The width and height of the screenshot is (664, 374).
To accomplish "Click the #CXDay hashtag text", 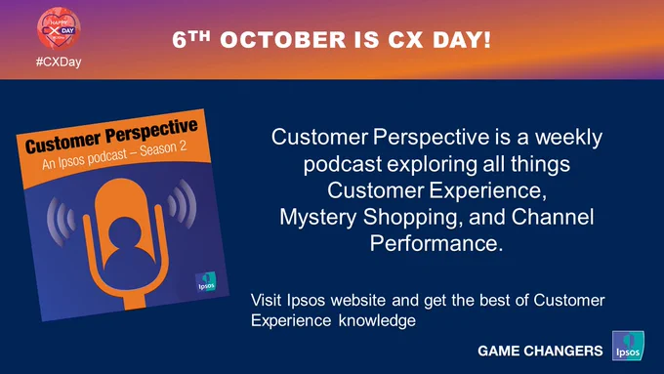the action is [59, 62].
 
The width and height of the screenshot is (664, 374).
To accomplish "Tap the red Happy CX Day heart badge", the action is [59, 28].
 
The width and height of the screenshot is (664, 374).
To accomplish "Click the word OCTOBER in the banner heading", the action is [283, 40].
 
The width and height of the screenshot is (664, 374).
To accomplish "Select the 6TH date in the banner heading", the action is [191, 39].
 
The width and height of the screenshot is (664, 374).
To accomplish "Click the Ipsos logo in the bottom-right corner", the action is [628, 346].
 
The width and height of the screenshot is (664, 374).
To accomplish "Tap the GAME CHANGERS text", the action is [540, 351].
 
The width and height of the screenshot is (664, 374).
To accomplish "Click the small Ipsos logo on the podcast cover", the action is [206, 282].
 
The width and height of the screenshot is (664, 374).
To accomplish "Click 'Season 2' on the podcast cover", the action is [163, 148].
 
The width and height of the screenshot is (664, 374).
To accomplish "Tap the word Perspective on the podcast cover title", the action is [151, 132].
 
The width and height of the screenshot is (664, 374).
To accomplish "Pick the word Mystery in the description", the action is [318, 218].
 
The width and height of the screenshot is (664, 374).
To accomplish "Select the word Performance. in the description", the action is [436, 243].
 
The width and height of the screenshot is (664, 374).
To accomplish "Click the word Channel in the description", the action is [553, 217].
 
